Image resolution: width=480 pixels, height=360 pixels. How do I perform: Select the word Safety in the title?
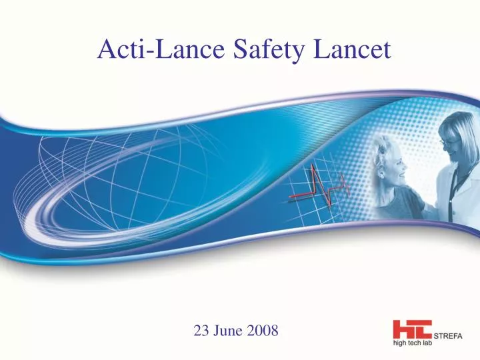tap(257, 49)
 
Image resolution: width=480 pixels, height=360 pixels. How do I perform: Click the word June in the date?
tap(229, 331)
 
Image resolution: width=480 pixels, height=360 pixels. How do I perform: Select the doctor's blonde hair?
tap(460, 127)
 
